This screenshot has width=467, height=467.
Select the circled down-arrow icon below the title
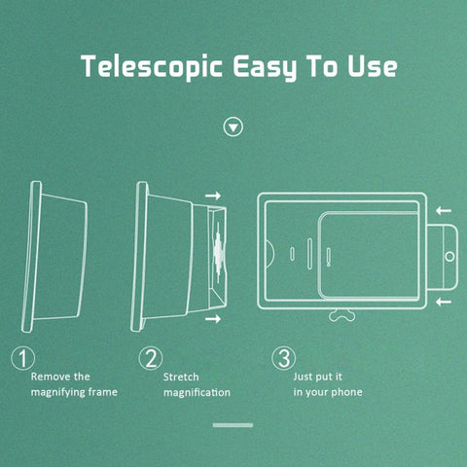[233, 127]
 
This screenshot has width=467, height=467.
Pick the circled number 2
[149, 358]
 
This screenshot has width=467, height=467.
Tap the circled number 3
[281, 358]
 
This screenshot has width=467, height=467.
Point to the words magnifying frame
[74, 391]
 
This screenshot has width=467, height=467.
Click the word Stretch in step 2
[181, 375]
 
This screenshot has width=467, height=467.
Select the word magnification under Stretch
[197, 392]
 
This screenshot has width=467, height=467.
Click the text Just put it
[318, 375]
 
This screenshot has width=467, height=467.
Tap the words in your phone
[327, 392]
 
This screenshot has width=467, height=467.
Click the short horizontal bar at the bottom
[233, 425]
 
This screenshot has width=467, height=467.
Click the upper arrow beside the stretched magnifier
[214, 196]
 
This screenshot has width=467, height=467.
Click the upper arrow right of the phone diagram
[444, 209]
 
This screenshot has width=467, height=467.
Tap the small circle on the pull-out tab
[449, 255]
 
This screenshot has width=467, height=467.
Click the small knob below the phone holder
[340, 316]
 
